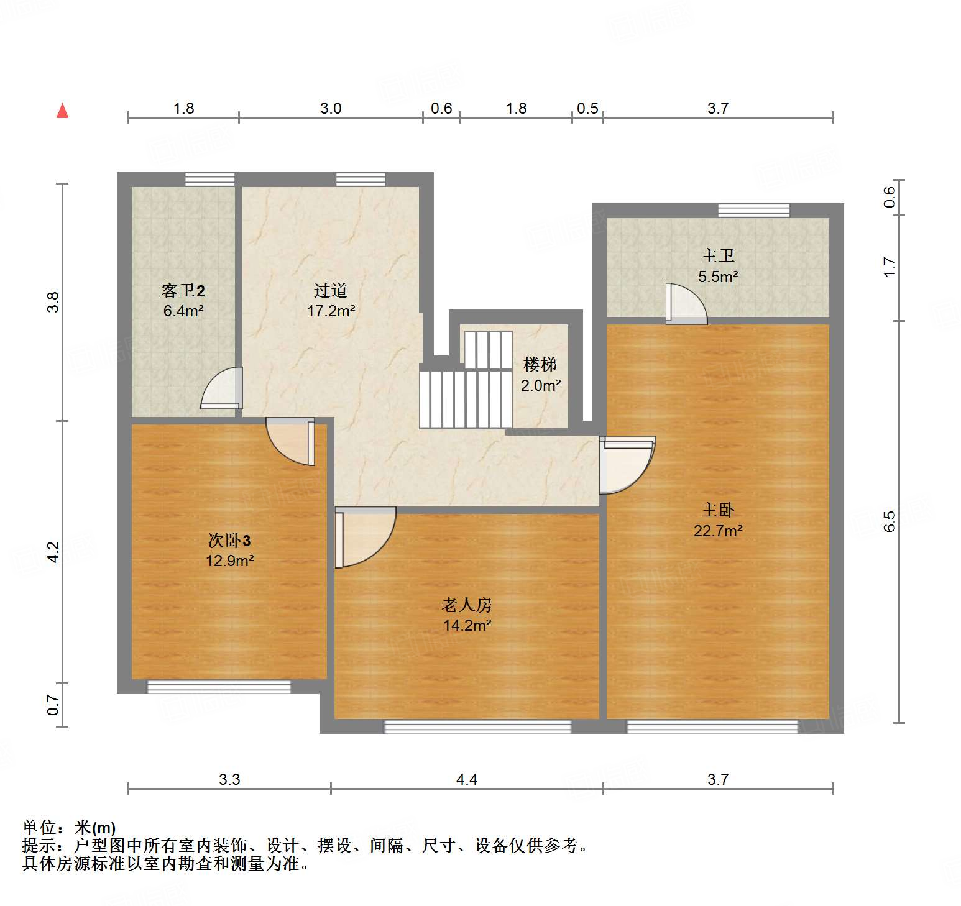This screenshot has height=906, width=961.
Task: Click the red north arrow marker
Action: point(62,111)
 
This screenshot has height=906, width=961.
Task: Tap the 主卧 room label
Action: point(718,510)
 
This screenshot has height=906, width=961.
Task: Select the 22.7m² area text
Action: point(718,531)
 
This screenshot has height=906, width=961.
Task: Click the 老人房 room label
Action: point(467,605)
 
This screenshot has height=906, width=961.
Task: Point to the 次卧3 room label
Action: point(229,540)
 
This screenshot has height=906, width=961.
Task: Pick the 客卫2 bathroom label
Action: point(183,290)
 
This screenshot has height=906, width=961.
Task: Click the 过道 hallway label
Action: point(331,290)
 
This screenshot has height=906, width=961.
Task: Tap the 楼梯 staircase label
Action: point(540,365)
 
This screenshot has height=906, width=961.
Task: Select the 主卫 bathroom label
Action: point(718,255)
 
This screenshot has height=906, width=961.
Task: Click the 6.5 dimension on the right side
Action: point(890,521)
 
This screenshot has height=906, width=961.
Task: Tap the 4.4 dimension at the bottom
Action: point(467,779)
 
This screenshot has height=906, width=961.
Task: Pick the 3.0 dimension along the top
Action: point(331,109)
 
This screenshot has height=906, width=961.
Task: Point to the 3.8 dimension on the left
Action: point(53,302)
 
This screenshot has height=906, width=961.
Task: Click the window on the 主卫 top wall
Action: point(753,211)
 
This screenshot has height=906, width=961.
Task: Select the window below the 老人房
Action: point(477,726)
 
